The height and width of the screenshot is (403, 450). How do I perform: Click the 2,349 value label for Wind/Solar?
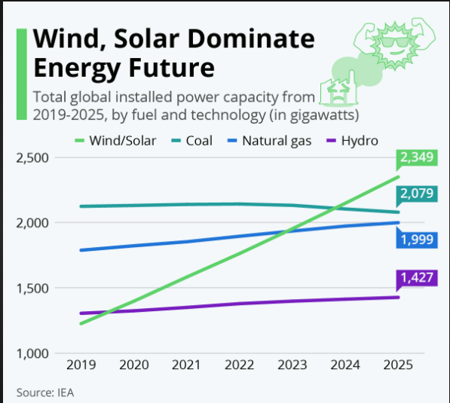click(417, 157)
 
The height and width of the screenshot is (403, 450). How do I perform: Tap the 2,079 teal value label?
click(417, 194)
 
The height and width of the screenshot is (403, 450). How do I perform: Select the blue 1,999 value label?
click(417, 240)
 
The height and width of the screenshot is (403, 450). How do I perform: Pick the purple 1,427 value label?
click(417, 278)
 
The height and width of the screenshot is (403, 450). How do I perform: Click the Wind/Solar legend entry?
click(115, 141)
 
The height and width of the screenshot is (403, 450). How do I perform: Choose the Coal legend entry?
click(191, 141)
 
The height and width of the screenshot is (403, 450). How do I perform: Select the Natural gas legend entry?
click(270, 141)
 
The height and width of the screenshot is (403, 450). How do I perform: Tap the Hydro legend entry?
click(352, 141)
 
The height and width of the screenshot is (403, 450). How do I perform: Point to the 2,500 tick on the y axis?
click(32, 158)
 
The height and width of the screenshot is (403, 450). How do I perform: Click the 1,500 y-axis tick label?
click(32, 289)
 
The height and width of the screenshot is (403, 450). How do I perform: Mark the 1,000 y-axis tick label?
click(32, 354)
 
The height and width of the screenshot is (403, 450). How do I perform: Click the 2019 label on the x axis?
click(81, 365)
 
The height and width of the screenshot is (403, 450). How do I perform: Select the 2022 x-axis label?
click(240, 365)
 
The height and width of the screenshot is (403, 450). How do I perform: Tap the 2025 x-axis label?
click(398, 365)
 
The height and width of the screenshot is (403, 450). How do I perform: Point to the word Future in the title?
click(171, 68)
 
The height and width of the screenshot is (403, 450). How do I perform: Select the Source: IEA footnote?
click(45, 393)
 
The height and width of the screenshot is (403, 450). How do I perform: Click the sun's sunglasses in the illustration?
click(394, 42)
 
